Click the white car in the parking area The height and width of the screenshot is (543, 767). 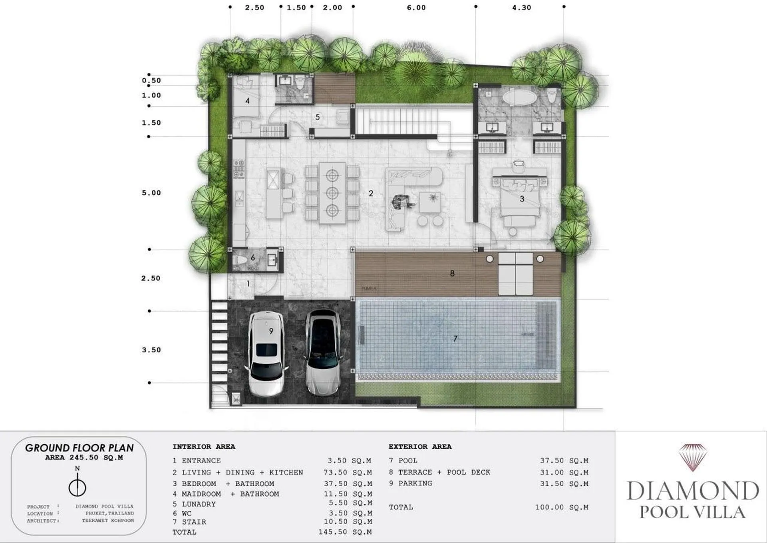coord(266,354)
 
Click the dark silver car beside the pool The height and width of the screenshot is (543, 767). coord(323,352)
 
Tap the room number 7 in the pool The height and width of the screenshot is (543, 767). coord(455,339)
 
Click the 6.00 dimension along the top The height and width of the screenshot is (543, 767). coord(416,8)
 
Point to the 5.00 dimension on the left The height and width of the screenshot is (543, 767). coord(151,193)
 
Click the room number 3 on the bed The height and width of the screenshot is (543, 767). coord(521,199)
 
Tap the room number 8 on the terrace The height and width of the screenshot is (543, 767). coord(452,273)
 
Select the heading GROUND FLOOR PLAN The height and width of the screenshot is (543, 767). coord(79,448)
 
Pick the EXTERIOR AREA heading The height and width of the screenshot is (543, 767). coord(420,447)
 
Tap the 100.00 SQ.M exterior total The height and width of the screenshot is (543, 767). coord(562,507)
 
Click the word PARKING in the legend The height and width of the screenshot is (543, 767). coord(415,483)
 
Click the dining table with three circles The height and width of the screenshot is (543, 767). coord(332,193)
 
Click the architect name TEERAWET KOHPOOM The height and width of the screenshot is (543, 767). coord(108,521)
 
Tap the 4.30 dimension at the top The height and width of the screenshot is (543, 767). coord(521,8)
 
